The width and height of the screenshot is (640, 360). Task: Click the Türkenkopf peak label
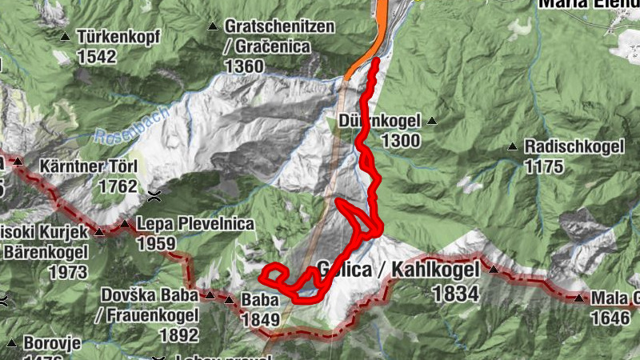[x=119, y=37]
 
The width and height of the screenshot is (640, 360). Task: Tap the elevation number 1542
[x=97, y=56]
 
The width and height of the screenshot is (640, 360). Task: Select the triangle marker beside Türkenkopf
[x=66, y=37]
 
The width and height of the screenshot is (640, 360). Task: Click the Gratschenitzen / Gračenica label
[x=278, y=37]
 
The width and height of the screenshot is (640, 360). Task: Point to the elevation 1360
[x=245, y=66]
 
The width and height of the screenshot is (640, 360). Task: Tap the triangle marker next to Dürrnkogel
[x=432, y=122]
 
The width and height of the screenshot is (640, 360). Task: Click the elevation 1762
[x=117, y=186]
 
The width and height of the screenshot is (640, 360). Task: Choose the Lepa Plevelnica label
[x=184, y=224]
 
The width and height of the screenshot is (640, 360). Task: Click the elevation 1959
[x=156, y=242]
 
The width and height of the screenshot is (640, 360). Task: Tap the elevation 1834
[x=454, y=294]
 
